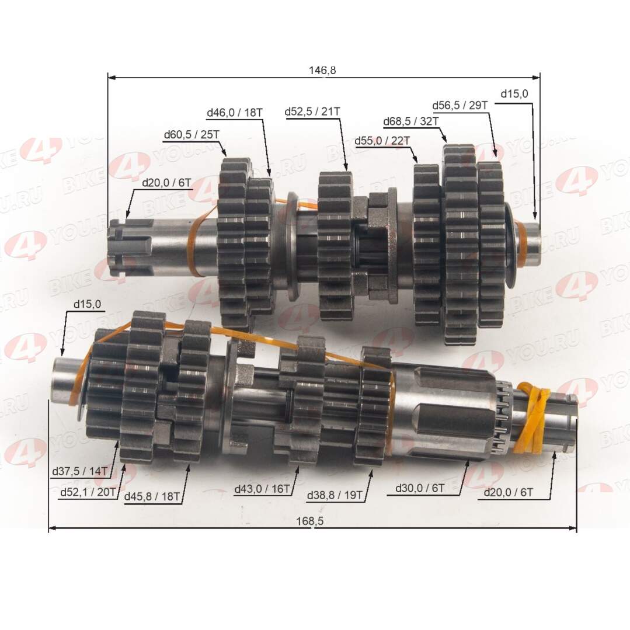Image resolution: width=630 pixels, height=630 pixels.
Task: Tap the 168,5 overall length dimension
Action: [x=313, y=521]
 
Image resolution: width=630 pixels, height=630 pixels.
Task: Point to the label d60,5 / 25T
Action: [x=192, y=135]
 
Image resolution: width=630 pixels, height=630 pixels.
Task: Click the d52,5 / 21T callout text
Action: [x=312, y=112]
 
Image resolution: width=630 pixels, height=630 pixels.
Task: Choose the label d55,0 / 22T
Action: [x=382, y=141]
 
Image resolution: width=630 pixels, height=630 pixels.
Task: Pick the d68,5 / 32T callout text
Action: [x=411, y=121]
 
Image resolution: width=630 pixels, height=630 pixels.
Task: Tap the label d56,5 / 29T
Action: [x=460, y=105]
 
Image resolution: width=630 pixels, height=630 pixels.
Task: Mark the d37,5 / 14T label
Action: [x=79, y=471]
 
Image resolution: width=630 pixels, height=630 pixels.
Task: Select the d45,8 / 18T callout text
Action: [x=152, y=497]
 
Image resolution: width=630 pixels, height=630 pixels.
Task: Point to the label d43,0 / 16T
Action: [x=262, y=489]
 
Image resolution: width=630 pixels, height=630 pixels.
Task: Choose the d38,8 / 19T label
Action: [x=335, y=496]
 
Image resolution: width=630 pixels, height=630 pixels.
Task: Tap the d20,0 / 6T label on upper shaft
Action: [x=166, y=182]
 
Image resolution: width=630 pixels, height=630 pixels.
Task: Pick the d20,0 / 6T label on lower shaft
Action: [x=508, y=492]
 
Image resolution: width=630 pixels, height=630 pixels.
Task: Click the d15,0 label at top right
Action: [x=514, y=93]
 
